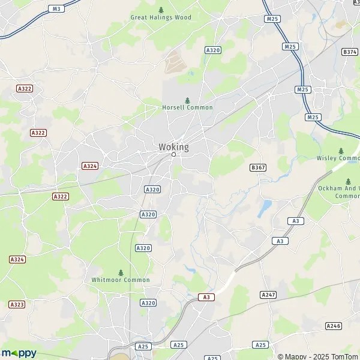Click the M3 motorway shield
[x=56, y=8]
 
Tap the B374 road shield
[x=350, y=52]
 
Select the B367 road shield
[x=257, y=167]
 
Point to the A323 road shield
[x=17, y=305]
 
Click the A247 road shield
[x=268, y=295]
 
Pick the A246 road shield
[x=333, y=325]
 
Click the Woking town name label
[x=173, y=147]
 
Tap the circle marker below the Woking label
[x=173, y=155]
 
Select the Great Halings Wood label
[x=161, y=17]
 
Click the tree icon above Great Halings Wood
[x=161, y=10]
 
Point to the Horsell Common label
[x=187, y=107]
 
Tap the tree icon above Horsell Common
[x=187, y=100]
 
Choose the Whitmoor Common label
[x=121, y=280]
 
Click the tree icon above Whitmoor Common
[x=121, y=272]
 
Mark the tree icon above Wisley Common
[x=341, y=151]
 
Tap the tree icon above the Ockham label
[x=348, y=181]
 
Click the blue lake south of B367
[x=265, y=208]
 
